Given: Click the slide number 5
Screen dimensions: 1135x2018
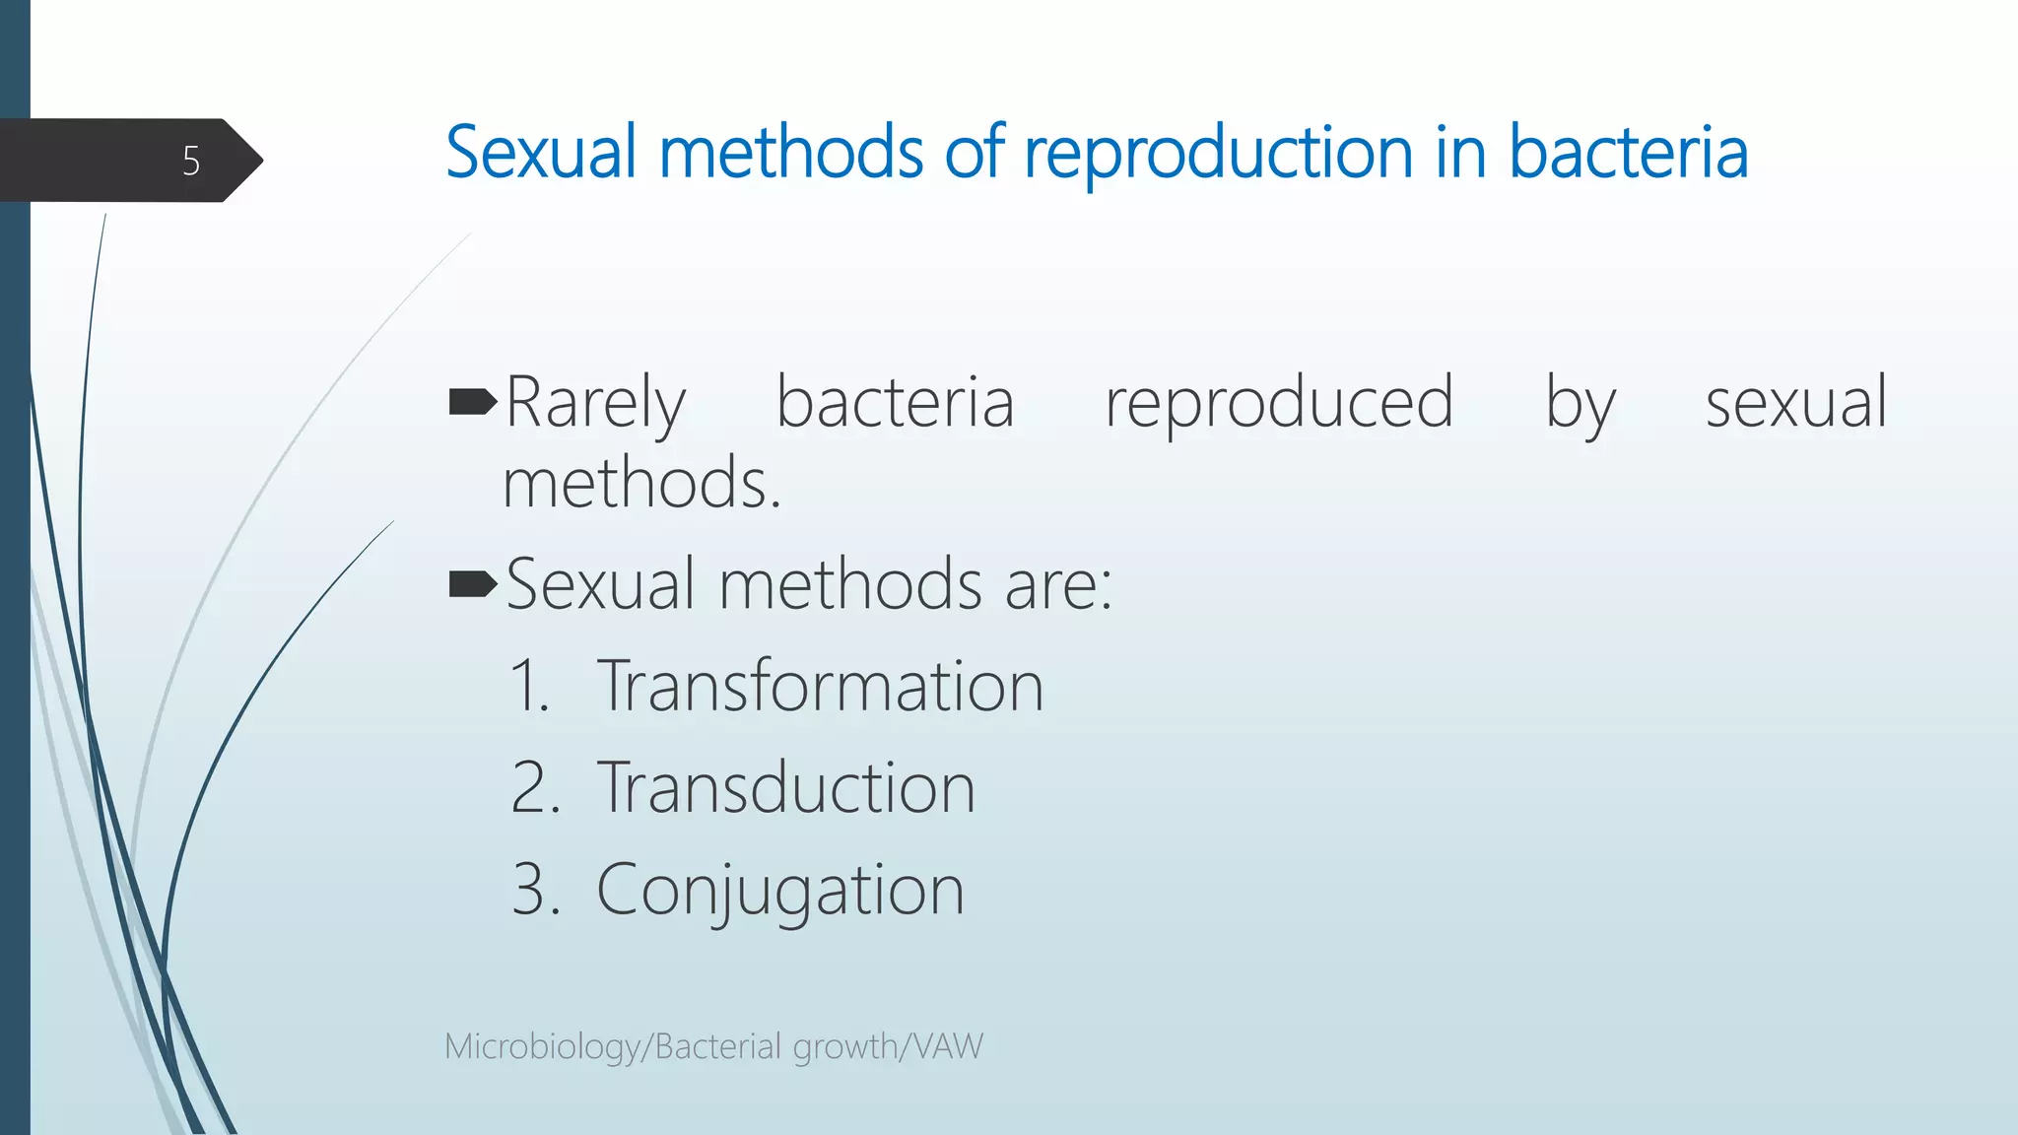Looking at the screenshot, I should pos(191,161).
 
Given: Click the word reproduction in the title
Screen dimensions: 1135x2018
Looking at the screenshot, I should pos(1219,154).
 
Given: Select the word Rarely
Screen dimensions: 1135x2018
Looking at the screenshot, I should pos(595,404).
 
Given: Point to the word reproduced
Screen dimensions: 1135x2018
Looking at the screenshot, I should pos(1278,404).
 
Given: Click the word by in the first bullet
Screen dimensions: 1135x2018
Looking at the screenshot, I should pos(1580,404).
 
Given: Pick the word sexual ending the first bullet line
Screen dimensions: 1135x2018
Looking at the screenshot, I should pos(1795,404).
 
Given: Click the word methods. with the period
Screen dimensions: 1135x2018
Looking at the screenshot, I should pos(641,484).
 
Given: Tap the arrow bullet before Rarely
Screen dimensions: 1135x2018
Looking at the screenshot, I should pos(472,402).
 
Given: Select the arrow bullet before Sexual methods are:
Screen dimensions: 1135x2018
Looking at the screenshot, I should pos(472,584).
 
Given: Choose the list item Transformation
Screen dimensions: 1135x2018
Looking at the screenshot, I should pos(820,686).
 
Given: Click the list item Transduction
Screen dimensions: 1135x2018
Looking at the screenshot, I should pos(785,788).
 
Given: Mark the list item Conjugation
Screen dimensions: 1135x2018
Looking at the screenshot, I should pos(779,891).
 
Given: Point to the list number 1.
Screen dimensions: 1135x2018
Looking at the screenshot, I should pos(528,686).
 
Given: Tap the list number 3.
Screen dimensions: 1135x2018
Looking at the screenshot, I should pos(534,891).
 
